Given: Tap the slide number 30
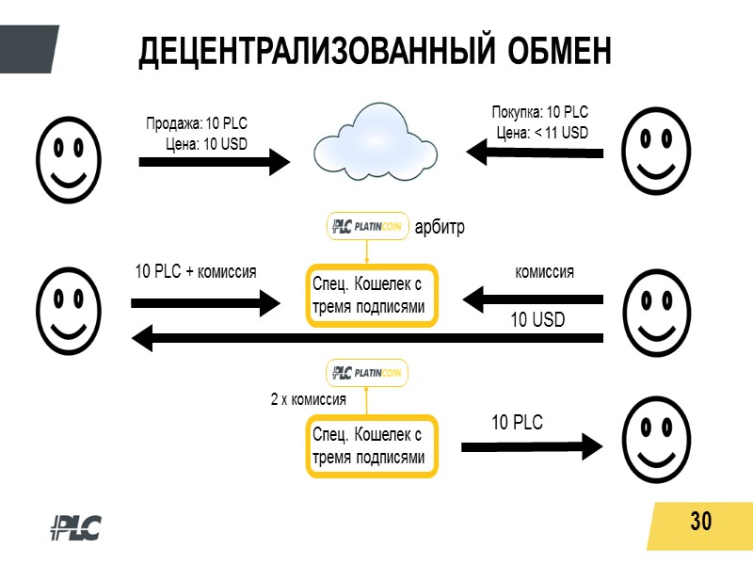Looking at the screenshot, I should pyautogui.click(x=700, y=521).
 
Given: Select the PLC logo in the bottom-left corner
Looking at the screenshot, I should pyautogui.click(x=75, y=528).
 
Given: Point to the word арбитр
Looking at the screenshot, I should pyautogui.click(x=441, y=228).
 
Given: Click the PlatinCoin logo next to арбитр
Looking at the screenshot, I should pyautogui.click(x=368, y=227).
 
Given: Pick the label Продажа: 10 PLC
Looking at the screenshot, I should pyautogui.click(x=196, y=124).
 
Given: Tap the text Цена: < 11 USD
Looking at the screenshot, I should pyautogui.click(x=542, y=133).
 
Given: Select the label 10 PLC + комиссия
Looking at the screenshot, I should pyautogui.click(x=196, y=272).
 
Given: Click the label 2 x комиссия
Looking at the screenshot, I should pyautogui.click(x=308, y=400).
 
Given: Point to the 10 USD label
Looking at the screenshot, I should pyautogui.click(x=537, y=320).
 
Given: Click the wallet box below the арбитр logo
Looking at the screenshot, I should pyautogui.click(x=373, y=296).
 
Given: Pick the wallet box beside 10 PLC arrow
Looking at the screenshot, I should pyautogui.click(x=373, y=446).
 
